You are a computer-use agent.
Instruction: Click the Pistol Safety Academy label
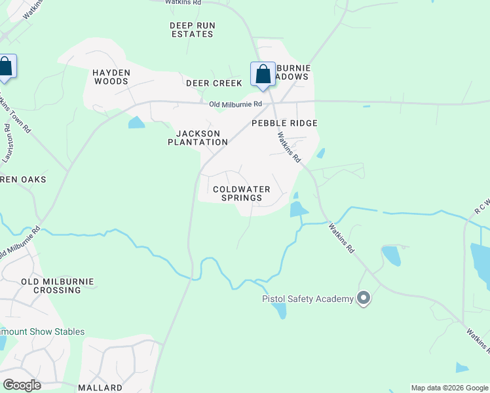click(307, 299)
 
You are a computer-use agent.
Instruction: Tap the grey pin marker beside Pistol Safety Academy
click(364, 299)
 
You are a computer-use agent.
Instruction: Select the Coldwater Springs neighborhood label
click(237, 193)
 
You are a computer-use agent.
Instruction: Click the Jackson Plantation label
click(197, 138)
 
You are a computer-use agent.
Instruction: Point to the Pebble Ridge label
click(284, 123)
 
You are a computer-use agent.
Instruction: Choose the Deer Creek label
click(214, 83)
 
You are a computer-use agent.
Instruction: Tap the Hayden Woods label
click(111, 77)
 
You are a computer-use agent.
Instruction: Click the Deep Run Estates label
click(193, 29)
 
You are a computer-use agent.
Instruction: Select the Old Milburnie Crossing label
click(58, 286)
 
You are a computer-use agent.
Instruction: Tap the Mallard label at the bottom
click(100, 388)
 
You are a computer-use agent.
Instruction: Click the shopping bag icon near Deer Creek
click(263, 74)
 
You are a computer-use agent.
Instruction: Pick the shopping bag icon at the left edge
click(6, 67)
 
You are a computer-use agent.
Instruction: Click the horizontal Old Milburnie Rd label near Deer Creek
click(236, 104)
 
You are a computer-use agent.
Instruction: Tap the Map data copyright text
click(449, 388)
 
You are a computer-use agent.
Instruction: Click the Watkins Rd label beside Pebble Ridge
click(289, 148)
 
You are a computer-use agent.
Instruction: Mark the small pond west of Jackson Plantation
click(136, 122)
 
